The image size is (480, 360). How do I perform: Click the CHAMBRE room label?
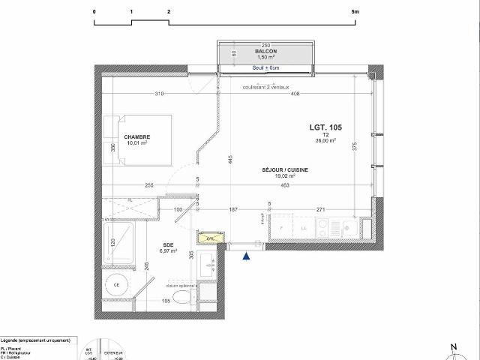point(137,136)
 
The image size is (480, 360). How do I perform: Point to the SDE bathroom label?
point(168,244)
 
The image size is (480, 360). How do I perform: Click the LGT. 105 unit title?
point(326,127)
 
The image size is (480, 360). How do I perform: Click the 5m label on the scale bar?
point(355,12)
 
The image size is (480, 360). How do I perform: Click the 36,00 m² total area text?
point(325,140)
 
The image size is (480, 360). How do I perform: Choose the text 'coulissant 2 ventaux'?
point(265,87)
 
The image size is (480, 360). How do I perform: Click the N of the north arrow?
point(453,346)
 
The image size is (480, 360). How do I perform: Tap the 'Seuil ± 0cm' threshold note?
point(265,68)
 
